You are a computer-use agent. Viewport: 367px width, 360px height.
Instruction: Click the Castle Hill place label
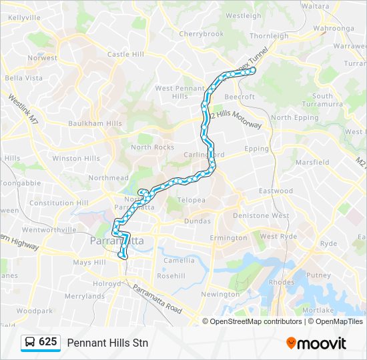(126, 54)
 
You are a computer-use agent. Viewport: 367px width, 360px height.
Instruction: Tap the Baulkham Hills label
(95, 123)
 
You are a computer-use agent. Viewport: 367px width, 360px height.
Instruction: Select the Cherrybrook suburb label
(201, 33)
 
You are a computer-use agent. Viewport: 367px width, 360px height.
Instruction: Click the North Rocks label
(152, 147)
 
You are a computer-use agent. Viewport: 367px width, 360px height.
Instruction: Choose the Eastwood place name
(276, 191)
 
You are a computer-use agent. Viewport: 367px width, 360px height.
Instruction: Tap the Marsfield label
(312, 162)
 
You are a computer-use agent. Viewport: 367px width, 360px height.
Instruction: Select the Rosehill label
(171, 275)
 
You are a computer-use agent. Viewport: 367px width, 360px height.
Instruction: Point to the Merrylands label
(85, 296)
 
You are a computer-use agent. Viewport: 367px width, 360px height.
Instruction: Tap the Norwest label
(42, 58)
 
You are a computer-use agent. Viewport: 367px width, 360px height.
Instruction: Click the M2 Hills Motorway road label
(236, 119)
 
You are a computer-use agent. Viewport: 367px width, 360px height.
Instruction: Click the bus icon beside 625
(30, 343)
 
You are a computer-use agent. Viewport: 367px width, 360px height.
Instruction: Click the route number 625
(48, 342)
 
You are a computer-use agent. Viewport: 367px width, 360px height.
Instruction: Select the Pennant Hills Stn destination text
(107, 343)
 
